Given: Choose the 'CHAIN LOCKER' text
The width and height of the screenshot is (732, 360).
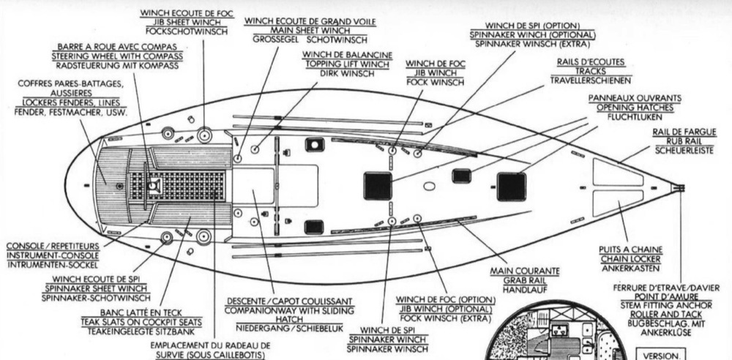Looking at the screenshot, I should coord(630,260).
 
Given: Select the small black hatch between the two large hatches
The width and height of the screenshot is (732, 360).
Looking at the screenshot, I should coord(461,176).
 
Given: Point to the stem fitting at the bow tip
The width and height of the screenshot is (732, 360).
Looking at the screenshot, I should coord(678,188).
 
